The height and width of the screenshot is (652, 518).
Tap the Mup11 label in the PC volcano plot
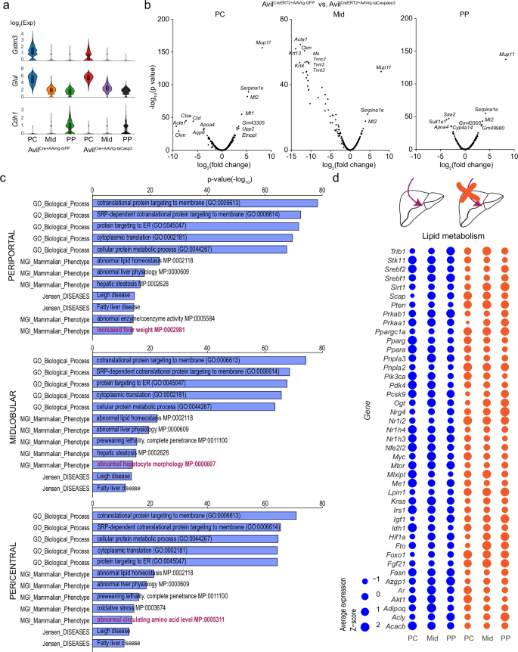point(264,43)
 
